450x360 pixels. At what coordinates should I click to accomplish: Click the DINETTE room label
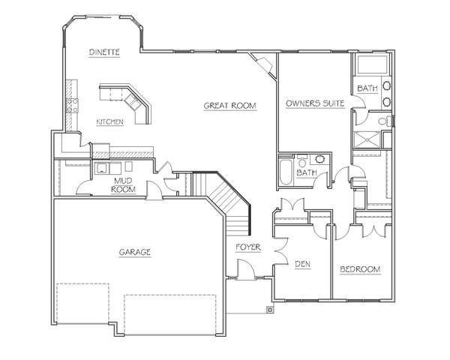click(x=104, y=52)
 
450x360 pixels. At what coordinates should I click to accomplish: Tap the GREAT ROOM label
click(x=230, y=106)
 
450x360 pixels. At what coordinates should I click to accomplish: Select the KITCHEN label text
click(x=110, y=121)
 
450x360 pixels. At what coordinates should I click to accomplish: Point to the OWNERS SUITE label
click(x=315, y=103)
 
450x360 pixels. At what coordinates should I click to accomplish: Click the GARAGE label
click(x=135, y=252)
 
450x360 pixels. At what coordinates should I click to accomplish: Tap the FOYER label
click(x=248, y=247)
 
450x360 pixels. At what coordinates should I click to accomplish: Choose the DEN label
click(x=303, y=264)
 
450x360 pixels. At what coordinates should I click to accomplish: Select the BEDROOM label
click(x=360, y=269)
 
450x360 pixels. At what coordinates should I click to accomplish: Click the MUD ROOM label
click(x=124, y=185)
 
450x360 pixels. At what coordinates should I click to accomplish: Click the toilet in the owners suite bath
click(x=385, y=121)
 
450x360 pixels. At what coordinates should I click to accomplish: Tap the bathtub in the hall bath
click(x=286, y=172)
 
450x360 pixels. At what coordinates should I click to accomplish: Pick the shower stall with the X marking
click(x=367, y=139)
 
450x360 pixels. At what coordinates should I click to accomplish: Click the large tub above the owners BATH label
click(x=372, y=64)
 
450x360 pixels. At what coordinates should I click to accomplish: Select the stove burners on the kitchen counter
click(x=72, y=105)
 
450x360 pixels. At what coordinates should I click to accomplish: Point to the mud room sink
click(x=102, y=168)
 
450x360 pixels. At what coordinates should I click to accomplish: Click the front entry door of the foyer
click(x=246, y=269)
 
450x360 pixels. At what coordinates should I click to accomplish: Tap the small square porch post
click(x=270, y=310)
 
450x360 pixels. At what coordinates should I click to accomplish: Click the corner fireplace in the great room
click(x=262, y=64)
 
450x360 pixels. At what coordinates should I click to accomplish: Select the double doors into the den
click(x=281, y=251)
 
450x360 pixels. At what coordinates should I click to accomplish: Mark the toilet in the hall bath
click(x=301, y=162)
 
